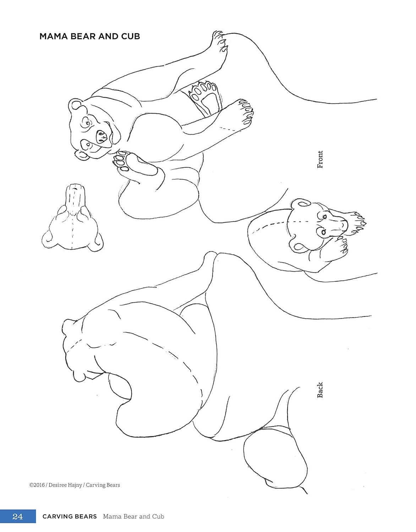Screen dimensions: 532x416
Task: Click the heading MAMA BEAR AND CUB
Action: point(89,36)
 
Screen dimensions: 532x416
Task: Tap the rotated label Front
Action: point(320,159)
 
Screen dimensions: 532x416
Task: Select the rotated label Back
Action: point(320,389)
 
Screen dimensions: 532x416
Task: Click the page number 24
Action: point(18,516)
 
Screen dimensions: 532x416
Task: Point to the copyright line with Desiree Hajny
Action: point(75,485)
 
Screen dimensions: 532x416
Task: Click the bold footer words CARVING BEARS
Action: point(70,516)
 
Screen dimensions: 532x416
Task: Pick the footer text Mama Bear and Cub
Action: point(133,516)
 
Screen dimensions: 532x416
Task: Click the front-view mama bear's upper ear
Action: point(75,105)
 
